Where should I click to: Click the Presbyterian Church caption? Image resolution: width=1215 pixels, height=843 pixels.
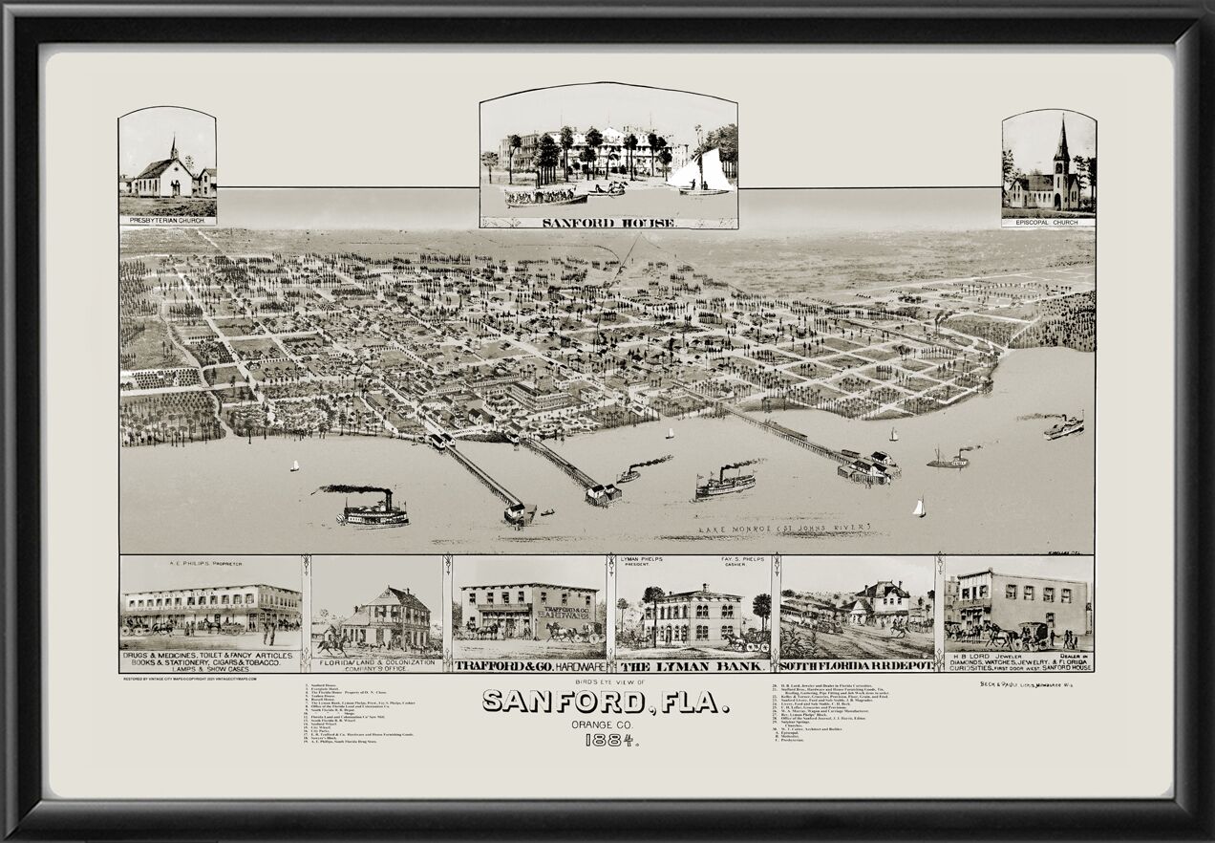point(167,220)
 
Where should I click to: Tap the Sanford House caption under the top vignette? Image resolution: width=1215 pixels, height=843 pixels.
point(608,223)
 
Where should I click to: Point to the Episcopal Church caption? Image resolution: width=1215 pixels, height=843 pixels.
point(1048,222)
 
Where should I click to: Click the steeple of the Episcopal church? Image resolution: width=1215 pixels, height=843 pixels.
point(1062,143)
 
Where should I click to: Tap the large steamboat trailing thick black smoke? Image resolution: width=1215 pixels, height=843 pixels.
point(373,511)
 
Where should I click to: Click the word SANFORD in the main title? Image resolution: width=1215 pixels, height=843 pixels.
point(564,702)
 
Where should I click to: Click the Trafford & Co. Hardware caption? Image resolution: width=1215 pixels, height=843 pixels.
point(528,665)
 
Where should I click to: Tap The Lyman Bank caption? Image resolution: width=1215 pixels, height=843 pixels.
point(693,665)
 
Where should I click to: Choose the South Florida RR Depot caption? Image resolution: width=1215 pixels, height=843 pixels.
point(857,665)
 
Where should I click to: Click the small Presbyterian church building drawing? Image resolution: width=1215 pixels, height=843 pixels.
point(165,174)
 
